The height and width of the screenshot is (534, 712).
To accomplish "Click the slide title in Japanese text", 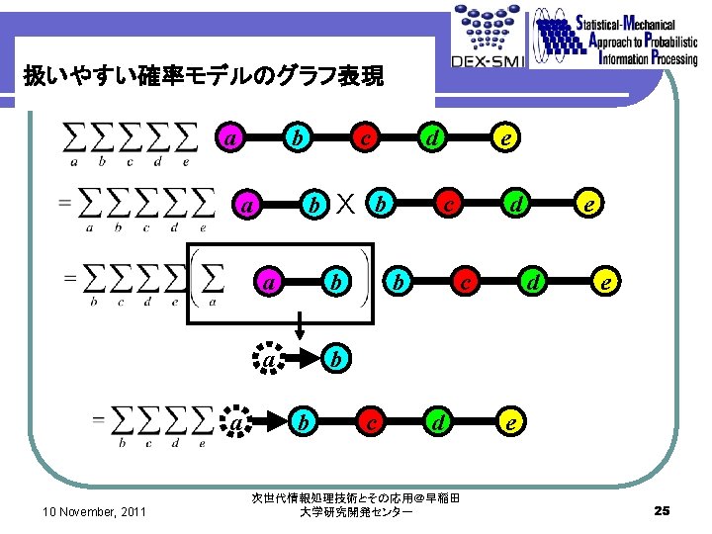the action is click(204, 76).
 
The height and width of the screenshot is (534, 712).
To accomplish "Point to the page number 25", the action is click(663, 510).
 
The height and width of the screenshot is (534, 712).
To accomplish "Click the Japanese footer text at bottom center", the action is click(356, 504).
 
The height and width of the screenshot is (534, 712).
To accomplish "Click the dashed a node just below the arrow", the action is click(269, 360).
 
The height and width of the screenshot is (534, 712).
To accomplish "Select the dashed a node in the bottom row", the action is click(237, 423).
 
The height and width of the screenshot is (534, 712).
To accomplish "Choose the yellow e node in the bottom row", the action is click(509, 421).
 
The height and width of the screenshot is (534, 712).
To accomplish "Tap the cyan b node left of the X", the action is click(313, 205).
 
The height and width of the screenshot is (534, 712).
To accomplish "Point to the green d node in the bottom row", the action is click(436, 422).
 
